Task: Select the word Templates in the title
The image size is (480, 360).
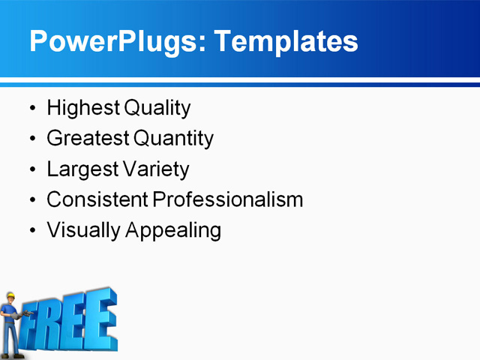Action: (286, 42)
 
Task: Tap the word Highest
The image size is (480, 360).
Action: (82, 109)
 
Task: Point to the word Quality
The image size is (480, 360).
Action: (157, 109)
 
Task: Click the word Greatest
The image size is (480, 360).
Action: (87, 139)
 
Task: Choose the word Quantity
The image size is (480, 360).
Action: (173, 139)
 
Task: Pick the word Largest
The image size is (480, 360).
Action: (82, 169)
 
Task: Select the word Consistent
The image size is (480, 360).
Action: (97, 200)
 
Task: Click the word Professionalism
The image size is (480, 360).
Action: (228, 200)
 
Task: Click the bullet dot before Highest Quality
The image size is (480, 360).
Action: (31, 109)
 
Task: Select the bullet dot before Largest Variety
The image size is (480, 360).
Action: (31, 170)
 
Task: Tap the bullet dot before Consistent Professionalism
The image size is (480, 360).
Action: (31, 201)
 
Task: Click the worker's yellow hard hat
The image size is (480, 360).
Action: (10, 297)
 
